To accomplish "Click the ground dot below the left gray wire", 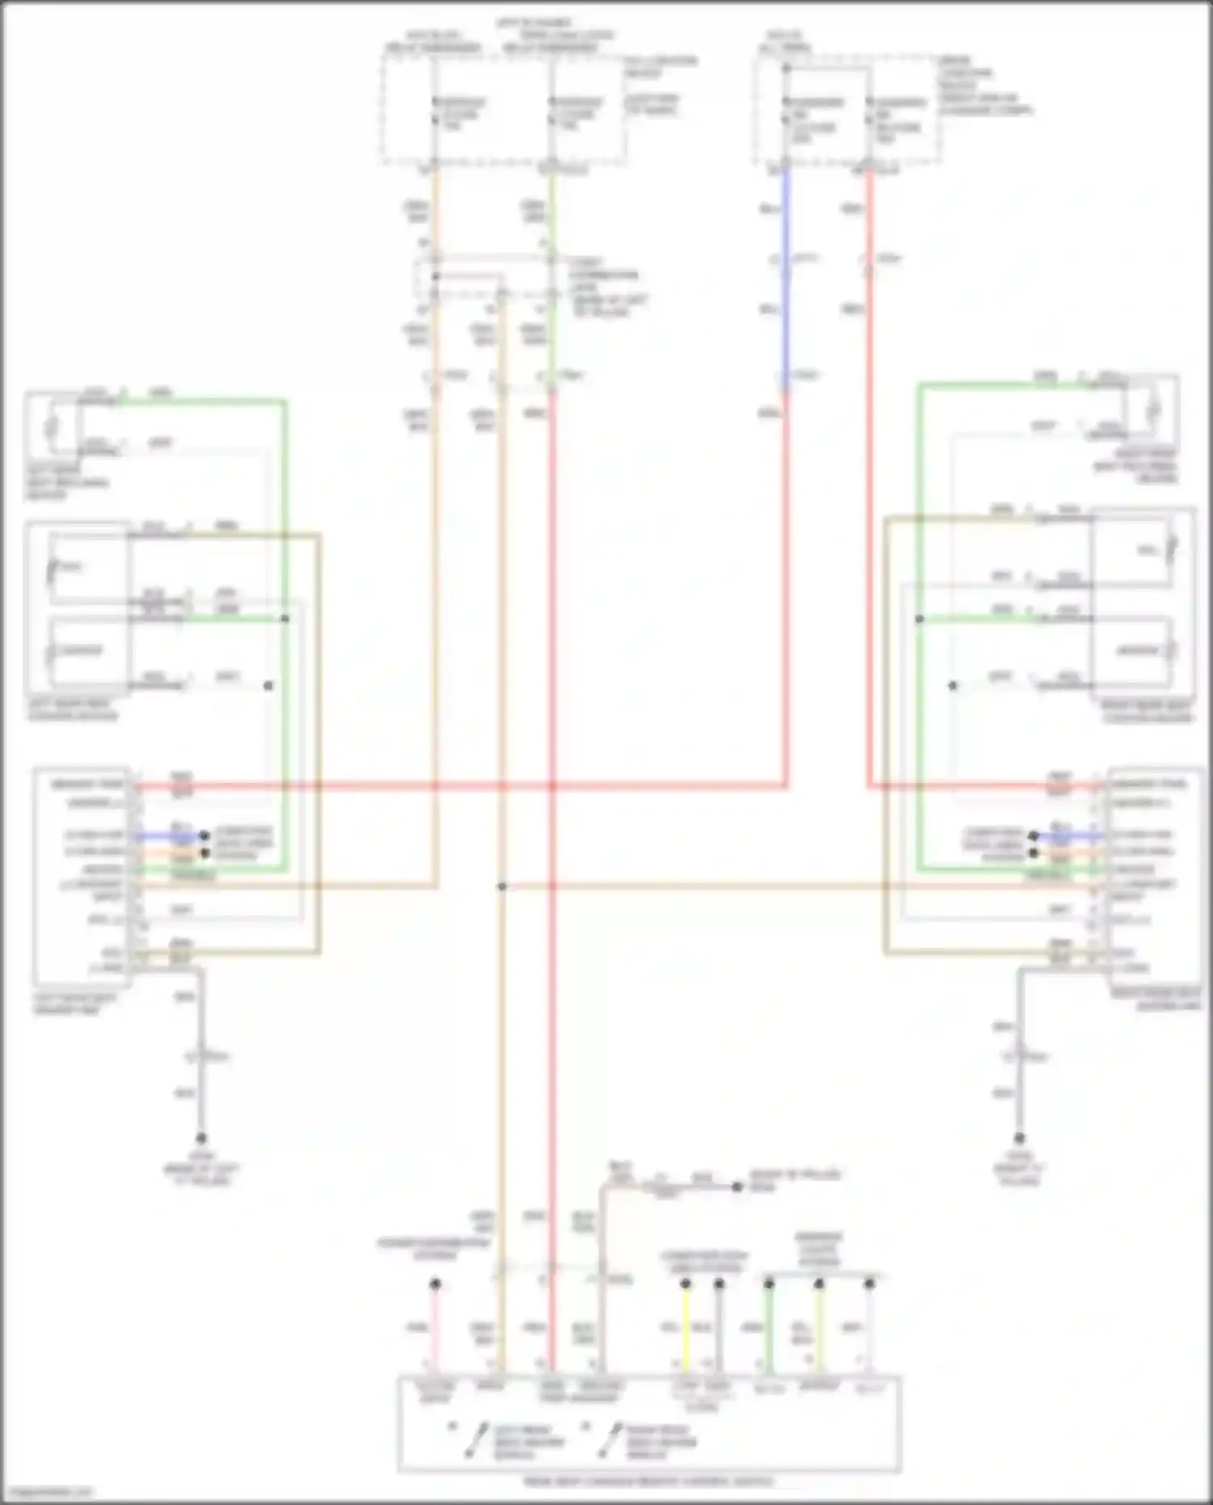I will pos(201,1138).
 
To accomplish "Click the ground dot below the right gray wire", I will pos(1019,1138).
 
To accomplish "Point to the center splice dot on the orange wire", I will pos(501,886).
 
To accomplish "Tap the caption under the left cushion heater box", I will pos(73,710).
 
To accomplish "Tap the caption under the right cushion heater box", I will pos(1146,711).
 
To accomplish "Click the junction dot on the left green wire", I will pos(285,619).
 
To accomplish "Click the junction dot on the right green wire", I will pos(919,619).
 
